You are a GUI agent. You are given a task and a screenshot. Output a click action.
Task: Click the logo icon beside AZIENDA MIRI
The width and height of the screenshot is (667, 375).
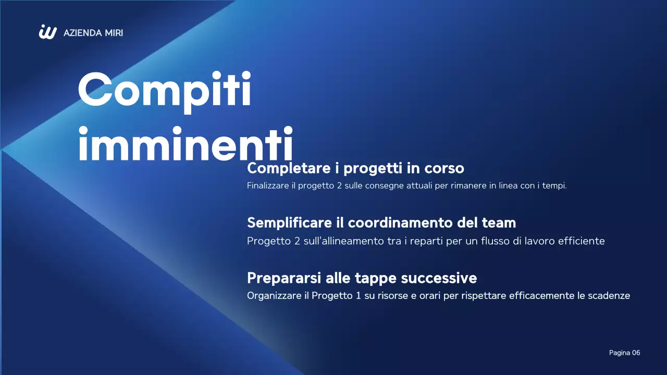[47, 32]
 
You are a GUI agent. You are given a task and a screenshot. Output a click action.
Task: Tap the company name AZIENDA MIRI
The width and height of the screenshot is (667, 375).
[93, 33]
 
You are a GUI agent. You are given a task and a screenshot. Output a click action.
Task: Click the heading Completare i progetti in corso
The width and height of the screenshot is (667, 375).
[355, 168]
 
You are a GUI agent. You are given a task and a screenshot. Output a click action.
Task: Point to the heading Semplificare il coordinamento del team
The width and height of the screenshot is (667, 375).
[381, 222]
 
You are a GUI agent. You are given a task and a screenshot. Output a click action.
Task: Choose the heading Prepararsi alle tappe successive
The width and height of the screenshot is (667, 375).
[362, 277]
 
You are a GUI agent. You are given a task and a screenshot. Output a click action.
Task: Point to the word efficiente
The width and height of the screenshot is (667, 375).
[580, 241]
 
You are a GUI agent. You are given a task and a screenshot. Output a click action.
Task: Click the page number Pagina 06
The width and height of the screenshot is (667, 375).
[624, 353]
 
